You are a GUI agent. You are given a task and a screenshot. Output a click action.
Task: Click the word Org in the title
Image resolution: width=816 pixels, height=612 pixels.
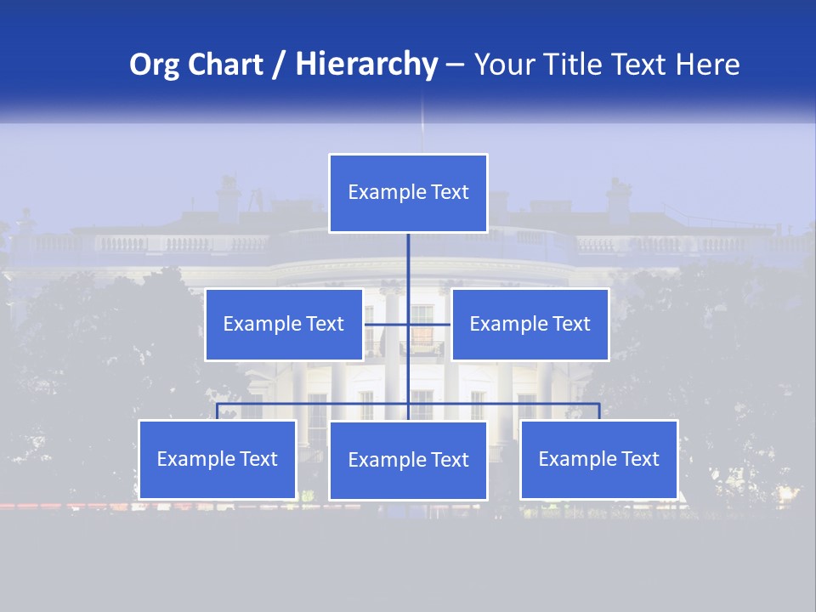(154, 65)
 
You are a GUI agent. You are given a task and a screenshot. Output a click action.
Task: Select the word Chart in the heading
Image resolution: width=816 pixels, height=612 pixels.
(221, 65)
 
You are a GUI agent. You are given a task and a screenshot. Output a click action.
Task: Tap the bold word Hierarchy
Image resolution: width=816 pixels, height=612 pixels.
(365, 65)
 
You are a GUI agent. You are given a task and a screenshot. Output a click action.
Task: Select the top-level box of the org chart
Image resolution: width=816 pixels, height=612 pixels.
(408, 193)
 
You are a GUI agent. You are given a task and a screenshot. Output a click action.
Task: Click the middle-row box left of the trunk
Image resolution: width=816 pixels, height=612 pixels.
(284, 324)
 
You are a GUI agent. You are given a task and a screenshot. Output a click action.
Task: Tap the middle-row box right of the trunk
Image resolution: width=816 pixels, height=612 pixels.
(530, 324)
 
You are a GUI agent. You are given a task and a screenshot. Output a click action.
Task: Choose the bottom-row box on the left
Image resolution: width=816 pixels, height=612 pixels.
(218, 460)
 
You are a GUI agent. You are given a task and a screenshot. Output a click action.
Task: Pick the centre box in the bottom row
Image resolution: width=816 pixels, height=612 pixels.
(408, 460)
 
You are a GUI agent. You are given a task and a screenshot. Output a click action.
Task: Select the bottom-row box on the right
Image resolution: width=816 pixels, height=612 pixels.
(599, 460)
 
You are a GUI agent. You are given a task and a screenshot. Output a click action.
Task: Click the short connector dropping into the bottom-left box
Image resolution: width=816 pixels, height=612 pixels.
(218, 411)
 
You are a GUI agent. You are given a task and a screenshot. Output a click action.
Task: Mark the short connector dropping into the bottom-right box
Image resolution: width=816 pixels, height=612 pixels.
(599, 411)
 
